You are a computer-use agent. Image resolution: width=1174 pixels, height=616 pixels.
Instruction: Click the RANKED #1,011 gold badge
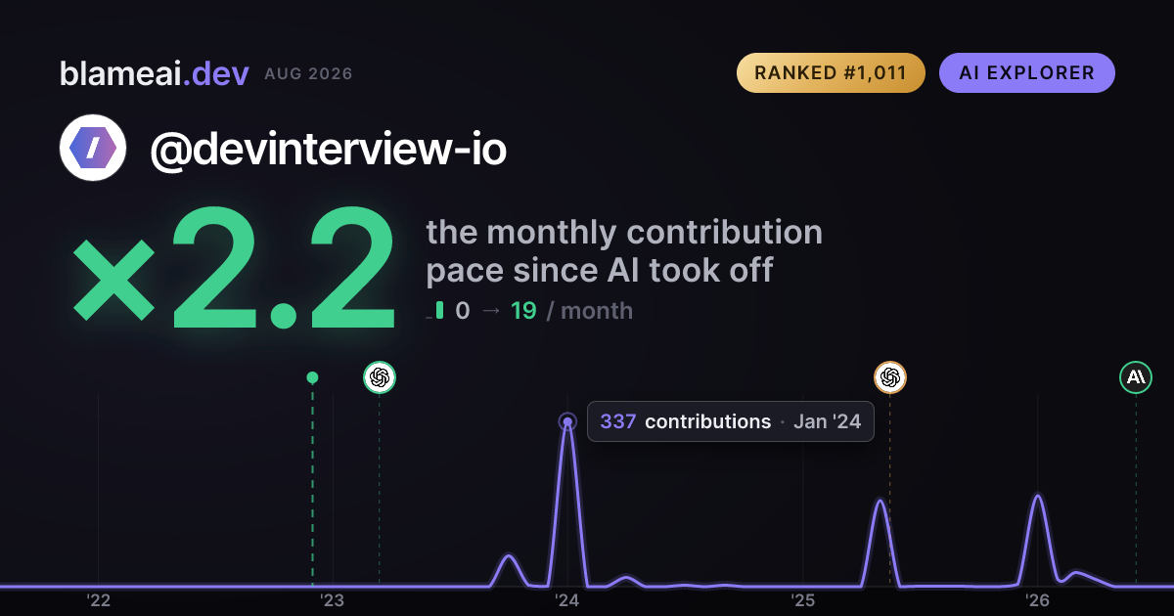point(831,72)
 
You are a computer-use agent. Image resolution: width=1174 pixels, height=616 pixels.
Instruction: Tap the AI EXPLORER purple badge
point(1026,72)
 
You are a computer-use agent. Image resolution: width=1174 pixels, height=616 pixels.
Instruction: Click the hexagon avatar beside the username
point(93,148)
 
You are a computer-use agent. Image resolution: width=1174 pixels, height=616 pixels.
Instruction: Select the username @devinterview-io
point(329,150)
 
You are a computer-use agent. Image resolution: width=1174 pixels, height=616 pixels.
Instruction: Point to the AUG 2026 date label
point(308,74)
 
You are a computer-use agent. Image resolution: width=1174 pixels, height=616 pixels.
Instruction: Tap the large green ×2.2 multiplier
point(234,268)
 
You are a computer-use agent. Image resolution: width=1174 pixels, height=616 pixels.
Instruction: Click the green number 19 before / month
point(523,311)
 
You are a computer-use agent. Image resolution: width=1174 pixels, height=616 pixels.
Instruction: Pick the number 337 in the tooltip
point(618,421)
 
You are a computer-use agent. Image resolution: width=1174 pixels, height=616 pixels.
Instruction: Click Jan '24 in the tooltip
point(827,421)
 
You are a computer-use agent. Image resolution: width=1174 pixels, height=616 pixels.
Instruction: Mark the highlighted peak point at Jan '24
point(567,421)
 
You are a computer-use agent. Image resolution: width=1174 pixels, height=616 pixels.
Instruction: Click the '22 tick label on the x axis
point(98,600)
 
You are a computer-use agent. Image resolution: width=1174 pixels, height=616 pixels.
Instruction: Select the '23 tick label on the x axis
point(333,600)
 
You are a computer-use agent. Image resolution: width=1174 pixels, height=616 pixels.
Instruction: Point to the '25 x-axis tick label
point(803,600)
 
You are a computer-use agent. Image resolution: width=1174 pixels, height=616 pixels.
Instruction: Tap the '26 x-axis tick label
point(1037,600)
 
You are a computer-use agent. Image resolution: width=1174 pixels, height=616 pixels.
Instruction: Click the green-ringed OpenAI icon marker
point(380,377)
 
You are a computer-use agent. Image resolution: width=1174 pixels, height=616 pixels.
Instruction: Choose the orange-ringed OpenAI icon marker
point(890,377)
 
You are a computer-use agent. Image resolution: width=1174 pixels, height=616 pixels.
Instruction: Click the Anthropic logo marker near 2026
point(1136,377)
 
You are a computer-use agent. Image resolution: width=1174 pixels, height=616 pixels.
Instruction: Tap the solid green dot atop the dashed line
point(312,377)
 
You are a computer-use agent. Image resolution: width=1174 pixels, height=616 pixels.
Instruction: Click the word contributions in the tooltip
point(707,421)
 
